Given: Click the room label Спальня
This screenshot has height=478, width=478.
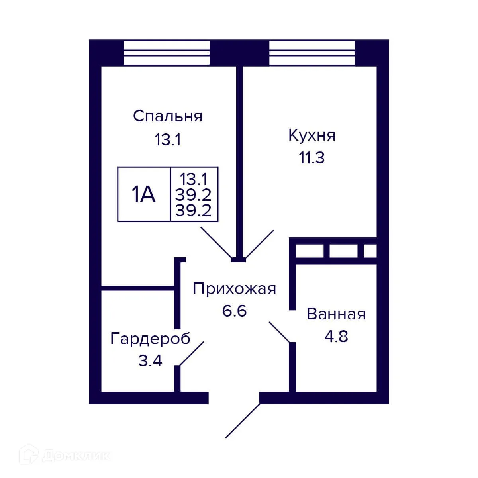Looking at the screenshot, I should tap(168, 116).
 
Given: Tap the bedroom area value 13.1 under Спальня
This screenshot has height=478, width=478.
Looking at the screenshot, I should tap(168, 140).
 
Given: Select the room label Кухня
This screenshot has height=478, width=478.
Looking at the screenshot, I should tap(312, 135).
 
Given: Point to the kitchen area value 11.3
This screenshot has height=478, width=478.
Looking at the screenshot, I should tap(312, 158).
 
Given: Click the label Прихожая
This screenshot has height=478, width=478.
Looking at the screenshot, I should tap(234, 288).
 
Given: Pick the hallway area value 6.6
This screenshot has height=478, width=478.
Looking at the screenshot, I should tap(234, 311).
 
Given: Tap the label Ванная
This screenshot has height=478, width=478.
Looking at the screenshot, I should tap(336, 314).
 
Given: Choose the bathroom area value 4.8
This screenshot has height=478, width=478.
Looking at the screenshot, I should tap(336, 337).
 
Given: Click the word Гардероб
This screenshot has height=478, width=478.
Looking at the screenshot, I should tap(150, 339).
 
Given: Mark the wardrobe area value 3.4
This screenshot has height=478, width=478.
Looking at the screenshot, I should tap(150, 361).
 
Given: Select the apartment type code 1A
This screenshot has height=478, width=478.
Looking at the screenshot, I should tap(143, 195).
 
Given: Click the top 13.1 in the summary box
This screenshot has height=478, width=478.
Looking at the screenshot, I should tap(194, 179).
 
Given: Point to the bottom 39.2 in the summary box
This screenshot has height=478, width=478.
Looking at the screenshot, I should tap(194, 210).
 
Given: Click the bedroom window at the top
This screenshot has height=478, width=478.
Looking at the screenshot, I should tap(167, 53).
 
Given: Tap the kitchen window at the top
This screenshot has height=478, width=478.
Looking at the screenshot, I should tap(312, 53).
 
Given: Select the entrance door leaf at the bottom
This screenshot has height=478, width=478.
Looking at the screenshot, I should tap(243, 421).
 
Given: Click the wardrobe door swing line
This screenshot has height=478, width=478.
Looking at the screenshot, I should tap(192, 353).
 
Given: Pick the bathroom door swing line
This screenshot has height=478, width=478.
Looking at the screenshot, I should tap(280, 332).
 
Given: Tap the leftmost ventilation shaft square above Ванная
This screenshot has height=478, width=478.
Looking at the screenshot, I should tap(310, 251).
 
